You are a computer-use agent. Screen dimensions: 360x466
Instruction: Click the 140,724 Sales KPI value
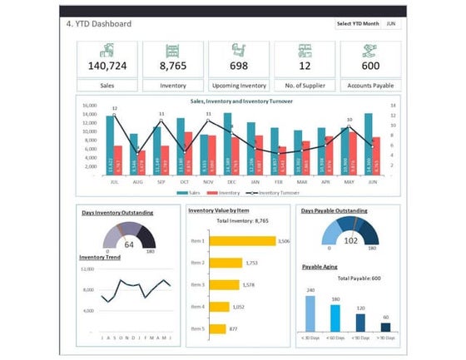[x=107, y=66]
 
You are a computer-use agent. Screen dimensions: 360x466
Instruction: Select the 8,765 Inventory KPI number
[x=172, y=66]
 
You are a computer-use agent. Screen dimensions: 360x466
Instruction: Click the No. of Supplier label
[x=305, y=85]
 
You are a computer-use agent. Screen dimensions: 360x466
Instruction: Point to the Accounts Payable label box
[x=370, y=85]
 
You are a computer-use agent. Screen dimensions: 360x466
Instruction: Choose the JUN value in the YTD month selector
[x=392, y=23]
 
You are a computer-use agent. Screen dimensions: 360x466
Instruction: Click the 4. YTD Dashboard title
[x=99, y=23]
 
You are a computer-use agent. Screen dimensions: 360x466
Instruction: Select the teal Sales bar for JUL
[x=110, y=145]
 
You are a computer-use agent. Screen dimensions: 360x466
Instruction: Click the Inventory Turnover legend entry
[x=276, y=192]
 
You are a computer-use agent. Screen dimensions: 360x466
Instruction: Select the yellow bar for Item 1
[x=242, y=241]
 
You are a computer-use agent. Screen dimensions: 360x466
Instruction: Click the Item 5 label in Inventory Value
[x=197, y=328]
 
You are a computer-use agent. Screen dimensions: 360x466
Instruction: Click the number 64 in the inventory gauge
[x=129, y=245]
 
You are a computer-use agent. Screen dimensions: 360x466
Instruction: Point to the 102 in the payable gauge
[x=350, y=241]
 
